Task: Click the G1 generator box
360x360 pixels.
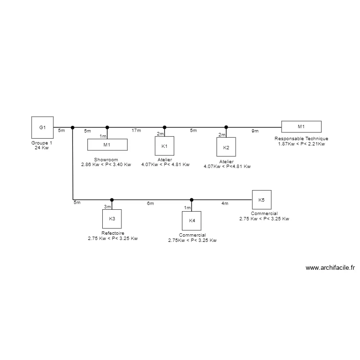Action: click(42, 127)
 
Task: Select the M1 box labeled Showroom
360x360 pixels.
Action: click(107, 145)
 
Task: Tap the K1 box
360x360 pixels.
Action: click(164, 145)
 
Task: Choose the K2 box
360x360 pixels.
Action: click(226, 147)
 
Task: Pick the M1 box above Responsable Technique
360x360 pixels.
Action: click(301, 127)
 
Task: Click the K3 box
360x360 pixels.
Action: click(112, 218)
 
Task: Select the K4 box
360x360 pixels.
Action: click(192, 220)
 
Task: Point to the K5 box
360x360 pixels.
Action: click(261, 199)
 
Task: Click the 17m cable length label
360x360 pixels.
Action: click(136, 131)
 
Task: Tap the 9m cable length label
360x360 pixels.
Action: click(255, 131)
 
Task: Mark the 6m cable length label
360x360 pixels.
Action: click(150, 204)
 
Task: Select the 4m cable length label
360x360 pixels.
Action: click(225, 204)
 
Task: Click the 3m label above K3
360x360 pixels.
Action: click(108, 207)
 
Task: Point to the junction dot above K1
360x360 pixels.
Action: click(165, 128)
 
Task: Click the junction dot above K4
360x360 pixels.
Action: click(192, 200)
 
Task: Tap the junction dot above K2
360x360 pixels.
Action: click(226, 128)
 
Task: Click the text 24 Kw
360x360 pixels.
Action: click(42, 148)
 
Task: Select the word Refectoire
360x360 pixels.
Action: click(113, 233)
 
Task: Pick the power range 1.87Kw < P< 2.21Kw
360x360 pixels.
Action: click(301, 144)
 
